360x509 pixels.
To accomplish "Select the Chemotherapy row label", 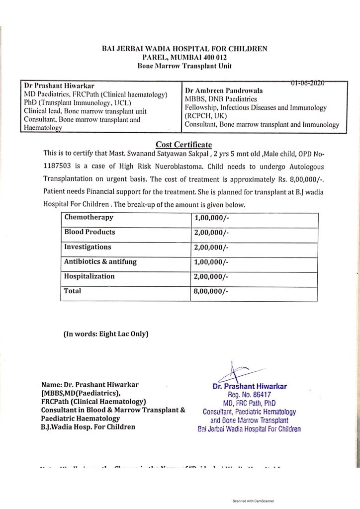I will pos(89,217).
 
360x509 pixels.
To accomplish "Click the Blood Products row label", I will pos(90,232).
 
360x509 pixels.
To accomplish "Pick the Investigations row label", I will pos(88,247).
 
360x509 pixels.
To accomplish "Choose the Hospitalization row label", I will pos(90,276).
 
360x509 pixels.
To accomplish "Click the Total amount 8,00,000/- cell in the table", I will pos(211,292).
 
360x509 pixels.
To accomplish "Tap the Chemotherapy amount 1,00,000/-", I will pos(211,218).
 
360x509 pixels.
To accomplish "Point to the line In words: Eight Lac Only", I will pos(106,335).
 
